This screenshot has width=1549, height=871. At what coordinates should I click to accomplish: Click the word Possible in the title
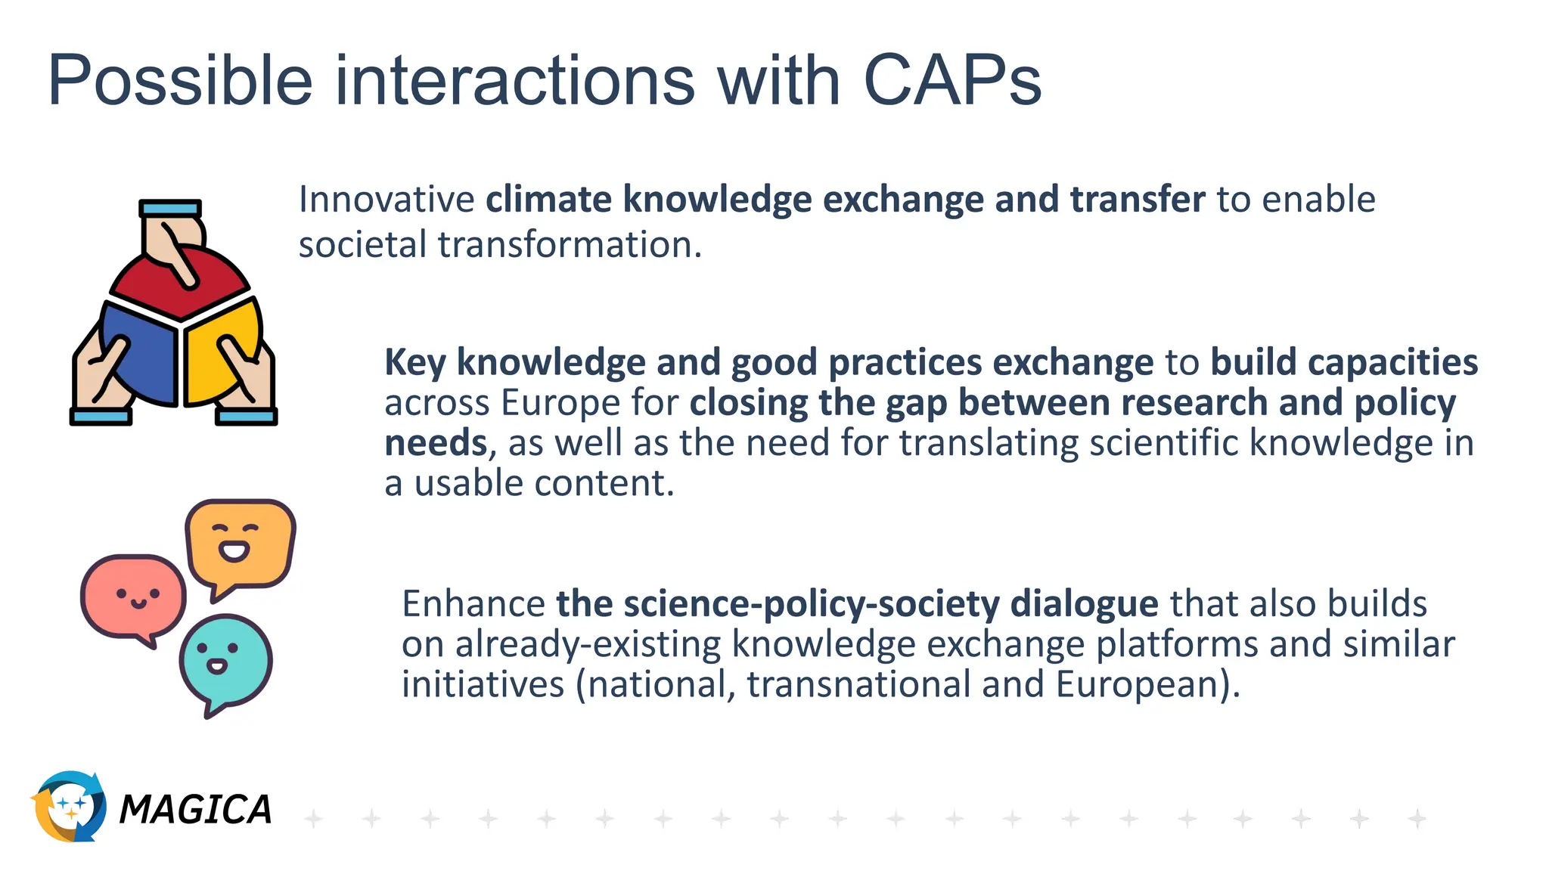[180, 82]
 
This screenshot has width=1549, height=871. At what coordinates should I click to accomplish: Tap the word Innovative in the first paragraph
[386, 200]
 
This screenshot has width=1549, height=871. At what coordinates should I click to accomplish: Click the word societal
[363, 245]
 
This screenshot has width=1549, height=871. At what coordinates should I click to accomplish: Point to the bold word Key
[415, 363]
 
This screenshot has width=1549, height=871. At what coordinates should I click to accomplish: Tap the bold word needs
[436, 443]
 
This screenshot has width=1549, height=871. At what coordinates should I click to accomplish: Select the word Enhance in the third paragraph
[473, 604]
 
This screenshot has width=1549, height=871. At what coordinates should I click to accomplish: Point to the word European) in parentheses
[1147, 684]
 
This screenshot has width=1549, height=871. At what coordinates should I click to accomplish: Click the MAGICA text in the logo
[195, 810]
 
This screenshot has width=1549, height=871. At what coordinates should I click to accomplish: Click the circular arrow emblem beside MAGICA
[68, 806]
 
